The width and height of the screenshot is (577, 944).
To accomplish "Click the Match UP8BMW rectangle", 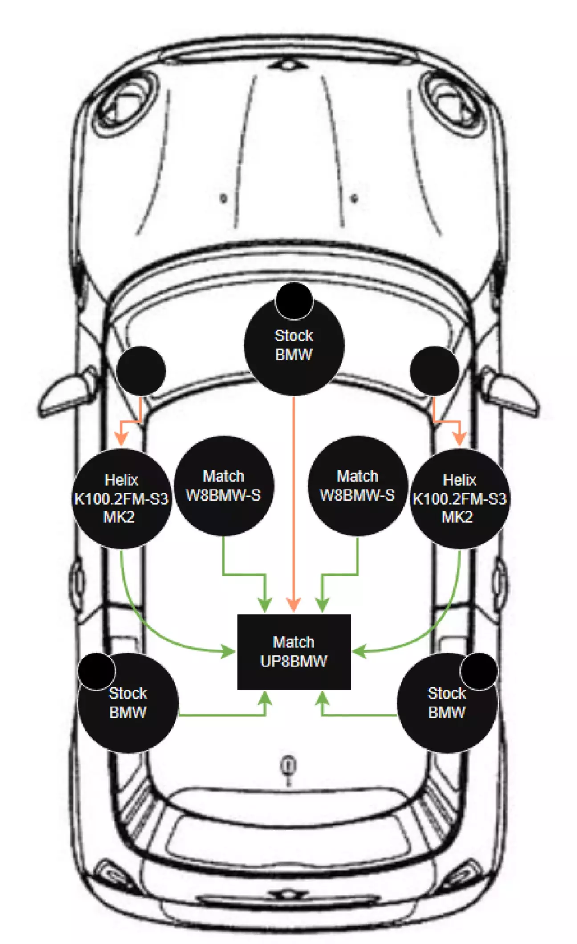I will (x=294, y=651).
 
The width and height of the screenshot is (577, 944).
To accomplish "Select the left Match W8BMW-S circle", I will (x=223, y=486).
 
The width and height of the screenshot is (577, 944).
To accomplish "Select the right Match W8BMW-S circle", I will (x=358, y=486).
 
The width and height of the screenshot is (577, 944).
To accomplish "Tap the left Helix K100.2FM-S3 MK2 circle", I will (x=121, y=499).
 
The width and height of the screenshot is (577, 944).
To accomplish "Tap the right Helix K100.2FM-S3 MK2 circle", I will (x=459, y=499).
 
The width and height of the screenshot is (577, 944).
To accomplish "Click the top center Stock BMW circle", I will (x=294, y=346).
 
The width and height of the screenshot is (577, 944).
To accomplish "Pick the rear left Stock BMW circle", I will (x=128, y=703).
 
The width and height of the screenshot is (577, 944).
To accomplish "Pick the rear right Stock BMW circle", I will (x=447, y=703).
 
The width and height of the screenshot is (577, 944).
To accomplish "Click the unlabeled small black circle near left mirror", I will (x=141, y=371).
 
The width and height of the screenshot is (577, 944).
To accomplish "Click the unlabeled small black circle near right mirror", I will (x=434, y=371).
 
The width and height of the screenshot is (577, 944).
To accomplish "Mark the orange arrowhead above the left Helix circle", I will (x=121, y=439).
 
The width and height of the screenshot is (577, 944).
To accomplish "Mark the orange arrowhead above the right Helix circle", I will (x=459, y=439).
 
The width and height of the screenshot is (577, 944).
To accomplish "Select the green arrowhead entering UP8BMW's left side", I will (x=229, y=652).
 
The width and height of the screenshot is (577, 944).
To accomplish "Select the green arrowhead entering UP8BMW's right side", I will (x=359, y=652).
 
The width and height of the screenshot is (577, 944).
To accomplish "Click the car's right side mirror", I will (x=512, y=392).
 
